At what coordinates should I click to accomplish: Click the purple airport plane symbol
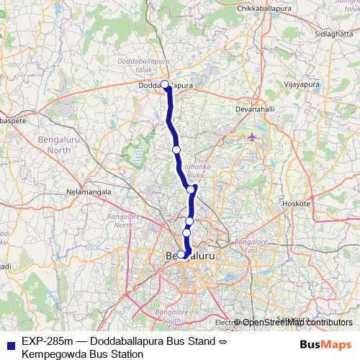click(x=251, y=137)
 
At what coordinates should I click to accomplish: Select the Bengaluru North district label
click(x=49, y=143)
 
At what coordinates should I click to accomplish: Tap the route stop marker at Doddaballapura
click(x=165, y=84)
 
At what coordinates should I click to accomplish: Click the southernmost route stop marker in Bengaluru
click(x=181, y=253)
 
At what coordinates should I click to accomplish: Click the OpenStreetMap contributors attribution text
click(x=297, y=323)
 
